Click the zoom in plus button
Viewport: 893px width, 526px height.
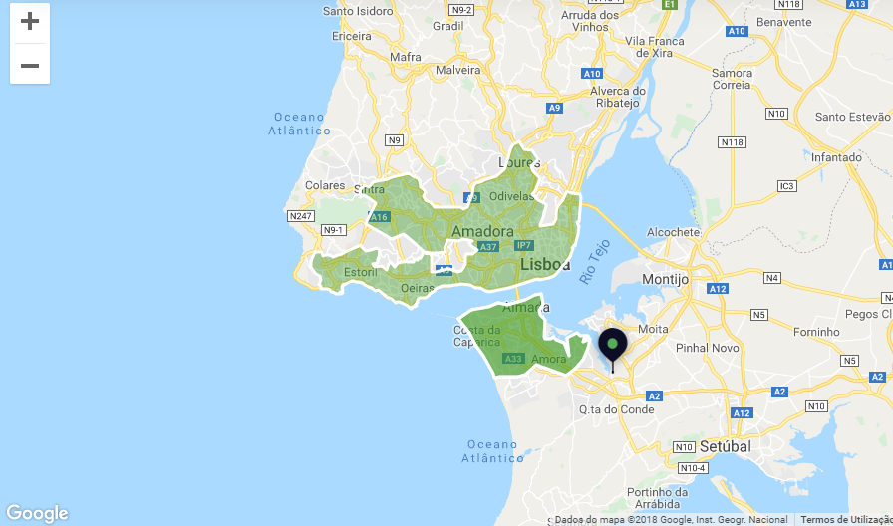[x=30, y=22]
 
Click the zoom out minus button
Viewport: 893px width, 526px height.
[x=30, y=66]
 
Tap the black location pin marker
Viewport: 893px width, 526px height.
[x=612, y=347]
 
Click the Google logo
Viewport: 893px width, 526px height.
[x=37, y=513]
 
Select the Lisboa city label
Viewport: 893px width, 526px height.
[x=545, y=265]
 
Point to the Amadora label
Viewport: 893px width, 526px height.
[x=482, y=231]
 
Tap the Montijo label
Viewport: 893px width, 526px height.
[x=665, y=280]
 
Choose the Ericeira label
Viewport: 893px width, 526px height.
[x=351, y=36]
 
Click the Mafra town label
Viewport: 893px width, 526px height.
[x=406, y=57]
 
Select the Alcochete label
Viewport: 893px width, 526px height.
[x=674, y=232]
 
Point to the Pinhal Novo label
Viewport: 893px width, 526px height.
[x=706, y=349]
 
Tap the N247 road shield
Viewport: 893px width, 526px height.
[x=300, y=216]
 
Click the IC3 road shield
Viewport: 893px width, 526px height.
[x=787, y=186]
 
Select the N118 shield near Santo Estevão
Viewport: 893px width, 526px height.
[x=733, y=142]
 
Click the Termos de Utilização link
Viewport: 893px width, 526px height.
[x=845, y=519]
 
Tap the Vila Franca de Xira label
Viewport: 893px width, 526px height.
[x=655, y=47]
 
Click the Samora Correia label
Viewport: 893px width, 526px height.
[x=732, y=79]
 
